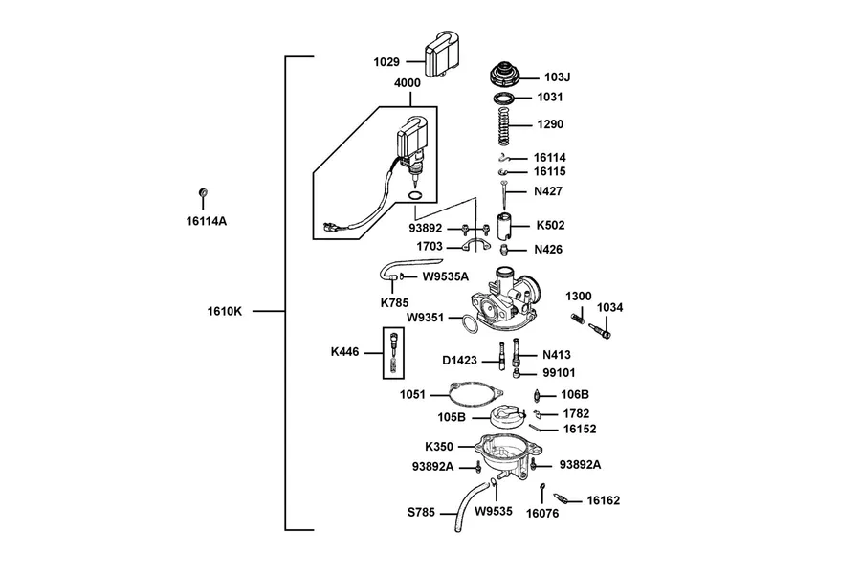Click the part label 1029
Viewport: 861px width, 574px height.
(x=386, y=62)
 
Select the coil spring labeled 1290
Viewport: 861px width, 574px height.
(x=503, y=124)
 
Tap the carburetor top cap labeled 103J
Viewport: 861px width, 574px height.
(x=504, y=75)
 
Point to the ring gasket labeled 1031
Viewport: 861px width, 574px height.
(x=503, y=99)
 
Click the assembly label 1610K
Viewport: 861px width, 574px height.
(x=225, y=311)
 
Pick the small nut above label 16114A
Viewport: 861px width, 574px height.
(x=203, y=193)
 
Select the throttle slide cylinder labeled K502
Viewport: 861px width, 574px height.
(x=504, y=226)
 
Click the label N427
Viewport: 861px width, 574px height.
(x=548, y=191)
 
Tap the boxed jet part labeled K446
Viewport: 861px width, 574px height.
(x=393, y=353)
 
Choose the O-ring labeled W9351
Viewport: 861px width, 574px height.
(x=469, y=324)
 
